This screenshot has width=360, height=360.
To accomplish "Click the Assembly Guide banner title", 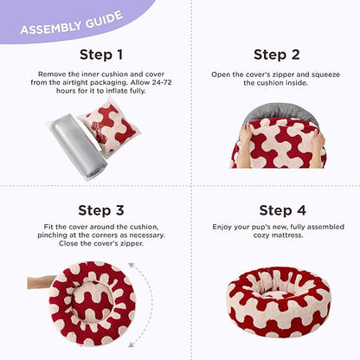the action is click(x=72, y=23).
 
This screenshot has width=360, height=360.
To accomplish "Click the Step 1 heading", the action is click(x=101, y=55).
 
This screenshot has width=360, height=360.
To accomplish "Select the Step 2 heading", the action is click(x=277, y=55).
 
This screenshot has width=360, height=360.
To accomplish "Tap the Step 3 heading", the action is click(x=101, y=210).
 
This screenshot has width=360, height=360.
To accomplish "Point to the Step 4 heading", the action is click(x=282, y=210).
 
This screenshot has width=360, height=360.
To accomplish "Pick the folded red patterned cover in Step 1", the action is click(x=111, y=128).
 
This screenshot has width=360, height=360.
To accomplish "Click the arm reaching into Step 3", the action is click(x=42, y=282).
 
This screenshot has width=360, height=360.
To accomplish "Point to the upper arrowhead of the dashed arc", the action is click(x=132, y=266).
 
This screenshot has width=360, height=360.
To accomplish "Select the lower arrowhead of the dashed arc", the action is click(x=132, y=344).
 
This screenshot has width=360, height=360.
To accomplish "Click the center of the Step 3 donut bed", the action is click(x=92, y=302).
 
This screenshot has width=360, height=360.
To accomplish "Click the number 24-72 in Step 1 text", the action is click(x=162, y=82).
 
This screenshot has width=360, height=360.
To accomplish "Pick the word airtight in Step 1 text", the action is click(x=75, y=82).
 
